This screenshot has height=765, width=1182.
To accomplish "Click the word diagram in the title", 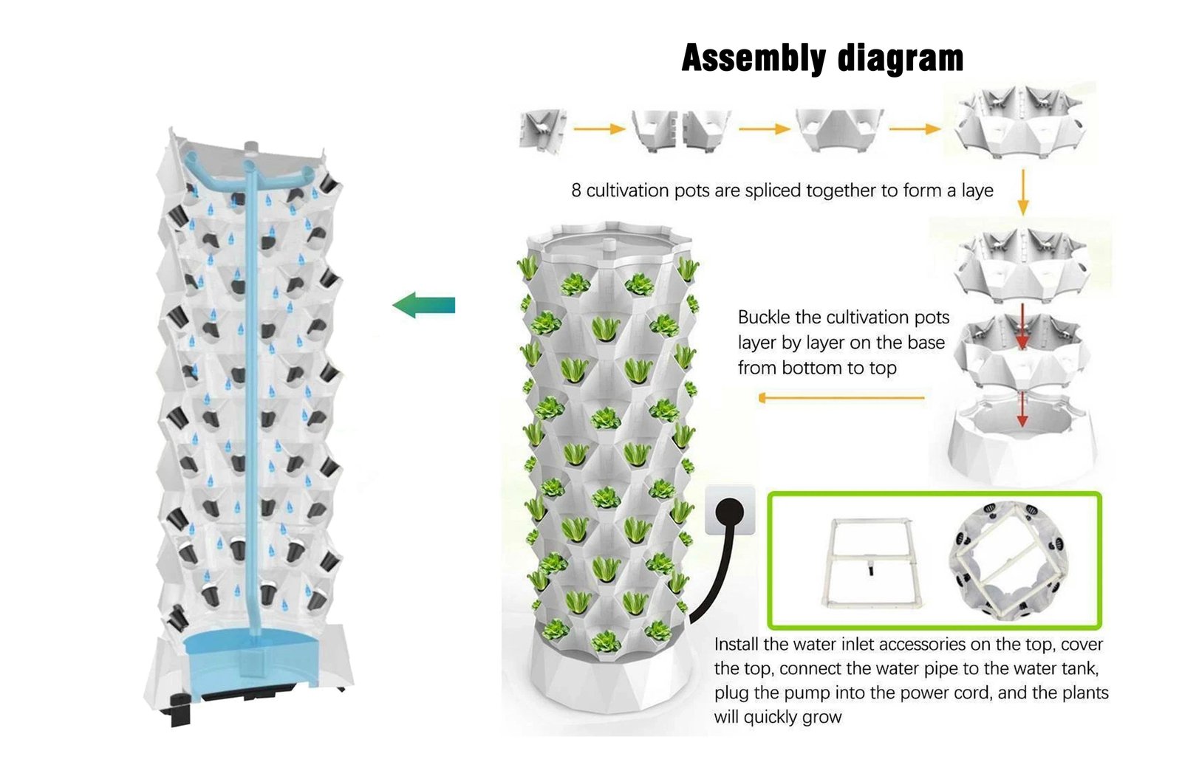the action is coord(901,58).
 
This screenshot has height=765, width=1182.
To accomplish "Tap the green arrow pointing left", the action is coord(424,305).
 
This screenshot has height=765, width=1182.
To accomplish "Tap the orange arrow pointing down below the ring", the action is coord(1022,192).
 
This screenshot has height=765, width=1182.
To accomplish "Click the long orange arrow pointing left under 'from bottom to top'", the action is coord(841,398).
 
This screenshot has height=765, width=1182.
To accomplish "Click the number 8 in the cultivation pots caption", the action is coord(575,191).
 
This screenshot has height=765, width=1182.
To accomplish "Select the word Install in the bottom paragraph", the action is coord(736,644).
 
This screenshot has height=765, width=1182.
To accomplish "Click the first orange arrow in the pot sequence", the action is coord(599,128).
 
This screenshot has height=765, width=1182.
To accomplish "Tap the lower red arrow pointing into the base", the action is coord(1022,409).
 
